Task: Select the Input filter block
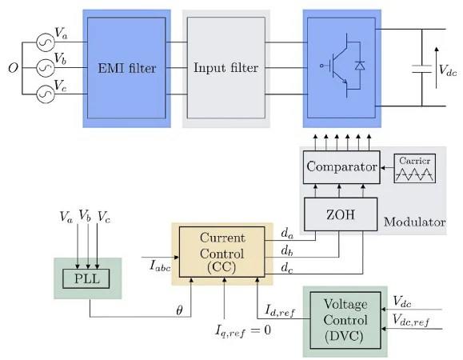[x=226, y=68]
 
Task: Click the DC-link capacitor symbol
[x=421, y=70]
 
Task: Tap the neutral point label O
[x=13, y=68]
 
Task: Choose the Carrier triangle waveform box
[x=414, y=167]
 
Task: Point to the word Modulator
[x=413, y=222]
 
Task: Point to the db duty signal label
[x=287, y=250]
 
